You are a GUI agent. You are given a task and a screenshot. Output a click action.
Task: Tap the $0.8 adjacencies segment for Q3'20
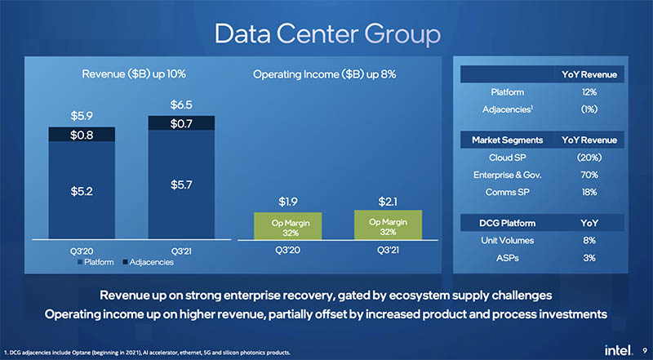tap(81, 134)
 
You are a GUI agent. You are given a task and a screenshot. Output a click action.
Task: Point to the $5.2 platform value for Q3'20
tap(81, 192)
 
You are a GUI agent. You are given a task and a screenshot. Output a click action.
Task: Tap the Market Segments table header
tap(502, 140)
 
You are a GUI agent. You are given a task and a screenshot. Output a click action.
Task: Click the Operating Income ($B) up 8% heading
tap(326, 75)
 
